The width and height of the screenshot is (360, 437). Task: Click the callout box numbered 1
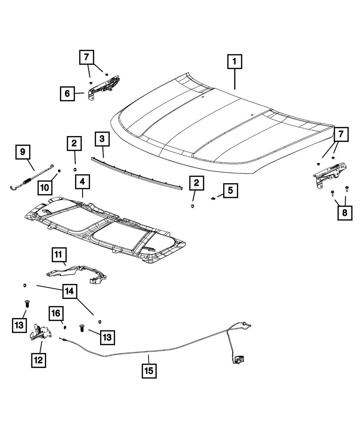[235, 62]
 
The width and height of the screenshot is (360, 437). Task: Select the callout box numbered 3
[102, 139]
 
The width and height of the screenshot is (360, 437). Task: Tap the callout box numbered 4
[82, 182]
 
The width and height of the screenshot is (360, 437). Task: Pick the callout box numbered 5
[230, 190]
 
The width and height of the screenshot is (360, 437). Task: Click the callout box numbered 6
[67, 94]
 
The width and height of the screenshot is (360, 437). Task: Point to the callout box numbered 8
[345, 213]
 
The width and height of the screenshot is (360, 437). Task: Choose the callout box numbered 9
[23, 152]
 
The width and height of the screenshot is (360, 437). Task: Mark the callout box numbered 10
[45, 188]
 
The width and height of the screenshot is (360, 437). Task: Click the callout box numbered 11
[59, 255]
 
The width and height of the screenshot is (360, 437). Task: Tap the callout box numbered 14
[70, 291]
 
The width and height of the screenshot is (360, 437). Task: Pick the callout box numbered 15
[149, 371]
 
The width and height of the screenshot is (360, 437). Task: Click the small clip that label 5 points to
[213, 198]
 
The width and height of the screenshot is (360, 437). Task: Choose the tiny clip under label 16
[65, 328]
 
